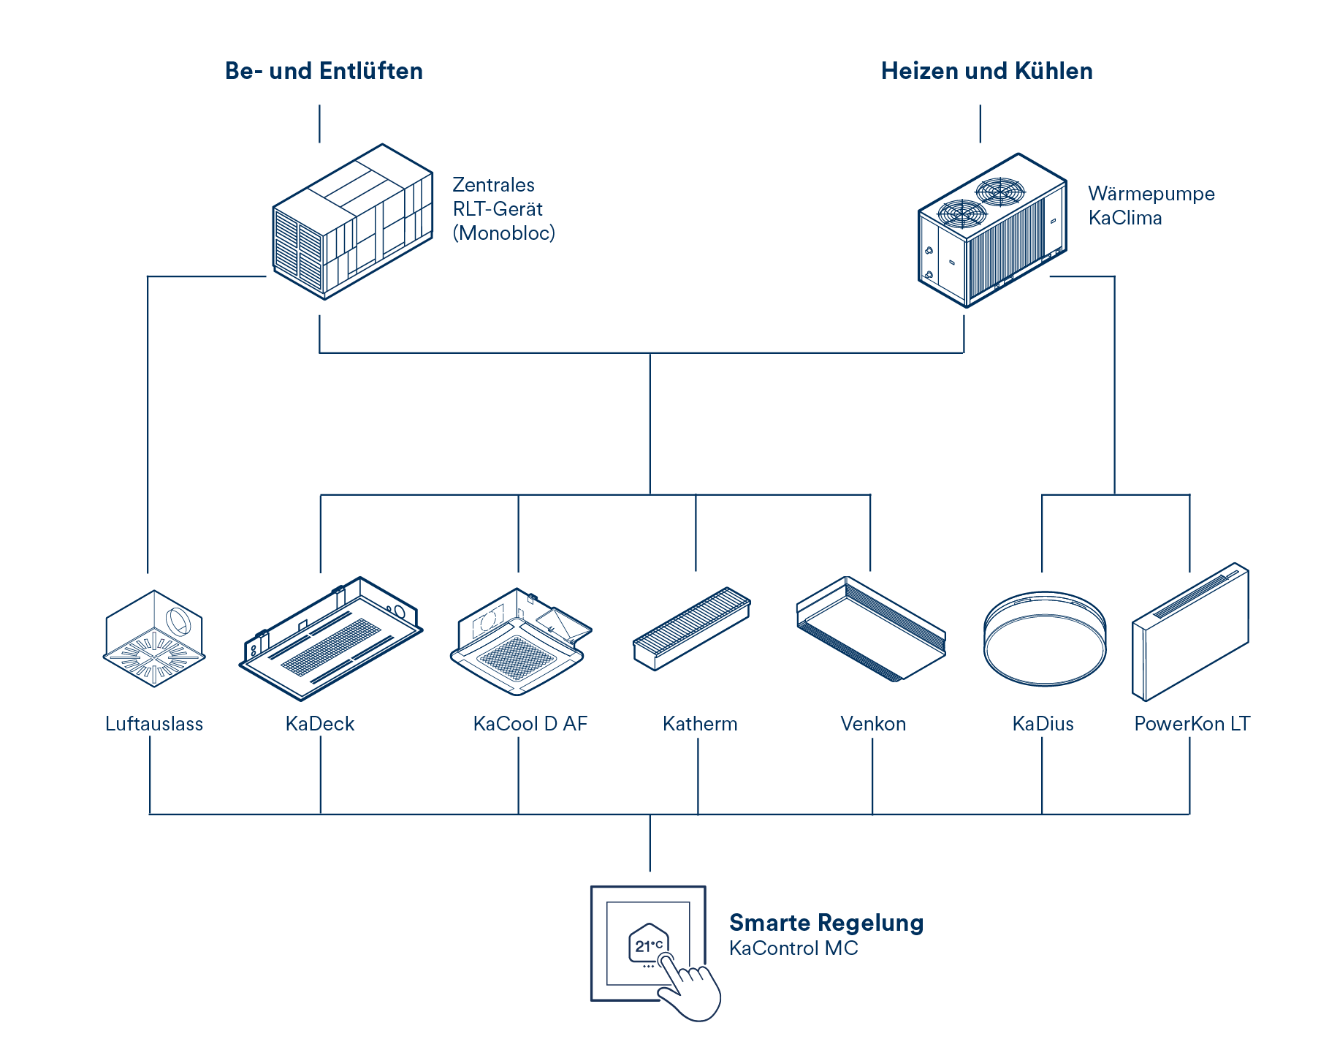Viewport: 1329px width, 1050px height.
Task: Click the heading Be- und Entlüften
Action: coord(324,71)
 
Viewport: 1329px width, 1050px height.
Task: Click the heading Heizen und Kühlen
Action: coord(986,71)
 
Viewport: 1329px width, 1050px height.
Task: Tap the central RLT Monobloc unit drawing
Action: coord(352,222)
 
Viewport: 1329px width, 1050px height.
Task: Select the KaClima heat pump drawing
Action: coord(991,230)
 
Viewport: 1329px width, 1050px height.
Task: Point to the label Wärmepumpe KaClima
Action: coord(1151,205)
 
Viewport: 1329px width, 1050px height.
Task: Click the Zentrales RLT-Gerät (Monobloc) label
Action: coord(503,209)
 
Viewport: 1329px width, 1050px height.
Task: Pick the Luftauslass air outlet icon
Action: coord(154,638)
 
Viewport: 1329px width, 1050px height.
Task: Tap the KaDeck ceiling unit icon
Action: coord(331,636)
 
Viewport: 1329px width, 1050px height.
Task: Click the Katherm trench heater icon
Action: coord(691,627)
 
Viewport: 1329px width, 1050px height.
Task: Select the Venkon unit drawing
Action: coord(870,629)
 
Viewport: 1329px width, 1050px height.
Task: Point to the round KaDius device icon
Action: coord(1044,638)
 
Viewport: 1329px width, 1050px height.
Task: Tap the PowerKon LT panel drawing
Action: coord(1190,631)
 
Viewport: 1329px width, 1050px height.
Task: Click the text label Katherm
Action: coord(700,724)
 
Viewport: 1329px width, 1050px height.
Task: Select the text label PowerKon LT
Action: coord(1192,724)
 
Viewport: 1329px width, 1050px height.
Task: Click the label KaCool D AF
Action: coord(530,724)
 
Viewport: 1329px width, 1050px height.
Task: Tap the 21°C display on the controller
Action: coord(648,945)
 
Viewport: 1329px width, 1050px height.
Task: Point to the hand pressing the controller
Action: coord(690,991)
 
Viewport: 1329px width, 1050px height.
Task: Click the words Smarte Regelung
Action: coord(826,923)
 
